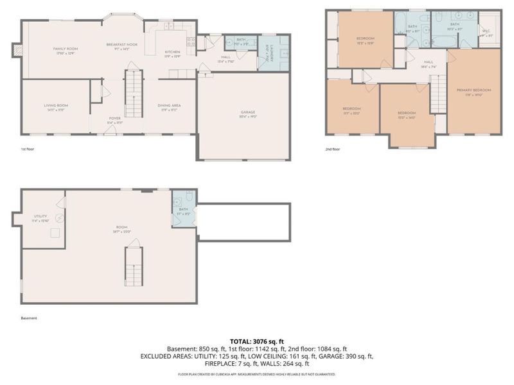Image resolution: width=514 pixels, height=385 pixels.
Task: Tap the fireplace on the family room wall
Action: click(x=17, y=49)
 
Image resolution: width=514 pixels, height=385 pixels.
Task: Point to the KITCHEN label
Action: click(x=172, y=53)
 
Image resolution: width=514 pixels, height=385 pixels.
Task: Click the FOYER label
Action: click(x=114, y=119)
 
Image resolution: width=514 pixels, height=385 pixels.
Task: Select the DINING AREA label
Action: click(x=170, y=107)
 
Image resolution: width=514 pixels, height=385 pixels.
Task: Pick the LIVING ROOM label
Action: click(x=55, y=107)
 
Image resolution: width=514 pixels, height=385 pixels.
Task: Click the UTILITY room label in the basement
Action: click(x=41, y=218)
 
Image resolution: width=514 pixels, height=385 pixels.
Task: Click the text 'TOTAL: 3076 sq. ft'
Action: click(x=257, y=341)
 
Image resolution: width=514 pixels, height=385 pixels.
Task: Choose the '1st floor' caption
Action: click(x=28, y=148)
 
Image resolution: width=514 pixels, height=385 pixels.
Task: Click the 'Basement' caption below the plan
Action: click(x=29, y=318)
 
